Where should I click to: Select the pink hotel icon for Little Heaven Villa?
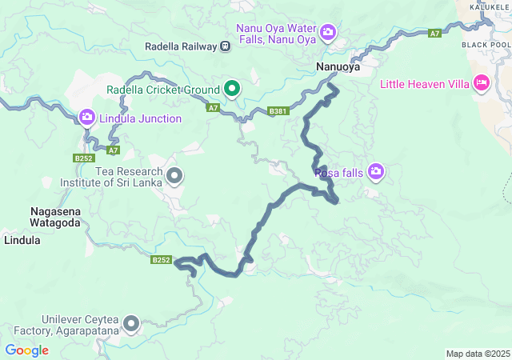pos(481,82)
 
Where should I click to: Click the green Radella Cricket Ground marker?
pos(232,88)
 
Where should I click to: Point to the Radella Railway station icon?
pos(226,46)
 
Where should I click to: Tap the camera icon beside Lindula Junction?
pos(86,118)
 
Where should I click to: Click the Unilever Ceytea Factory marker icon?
pos(130,324)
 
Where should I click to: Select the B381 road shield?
pos(277,111)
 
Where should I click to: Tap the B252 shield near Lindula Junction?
pos(84,158)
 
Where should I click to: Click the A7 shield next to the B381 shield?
pos(213,107)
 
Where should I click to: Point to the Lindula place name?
pos(22,239)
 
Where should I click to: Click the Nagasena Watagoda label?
pos(54,217)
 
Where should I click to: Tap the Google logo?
pos(26,350)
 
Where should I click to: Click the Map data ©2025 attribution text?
pos(477,354)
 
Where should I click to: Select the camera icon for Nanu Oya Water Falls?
pos(328,32)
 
